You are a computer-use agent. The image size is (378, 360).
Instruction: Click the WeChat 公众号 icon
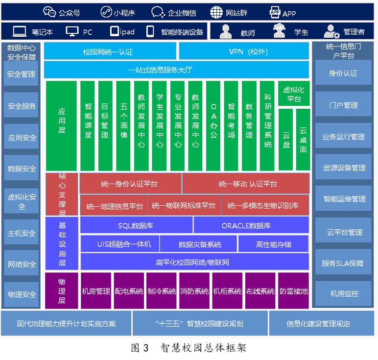49,12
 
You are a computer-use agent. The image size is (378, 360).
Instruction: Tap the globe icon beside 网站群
216,12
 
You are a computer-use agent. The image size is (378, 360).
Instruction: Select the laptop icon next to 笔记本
20,31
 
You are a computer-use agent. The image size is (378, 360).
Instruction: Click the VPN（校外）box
244,51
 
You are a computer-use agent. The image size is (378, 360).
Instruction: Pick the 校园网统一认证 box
110,51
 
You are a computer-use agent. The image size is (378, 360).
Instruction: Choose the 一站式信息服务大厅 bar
176,70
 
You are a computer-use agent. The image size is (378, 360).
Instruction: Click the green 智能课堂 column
88,125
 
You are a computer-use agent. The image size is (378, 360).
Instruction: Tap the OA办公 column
213,125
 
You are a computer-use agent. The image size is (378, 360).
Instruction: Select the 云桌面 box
303,140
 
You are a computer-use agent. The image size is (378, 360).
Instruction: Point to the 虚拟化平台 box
294,94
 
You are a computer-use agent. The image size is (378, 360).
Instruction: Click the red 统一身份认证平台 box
130,184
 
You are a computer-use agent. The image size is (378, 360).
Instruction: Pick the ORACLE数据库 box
251,225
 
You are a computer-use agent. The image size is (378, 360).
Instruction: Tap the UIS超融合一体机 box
120,244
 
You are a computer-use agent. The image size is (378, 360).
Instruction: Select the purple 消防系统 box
194,291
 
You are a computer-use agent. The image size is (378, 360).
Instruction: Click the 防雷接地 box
293,291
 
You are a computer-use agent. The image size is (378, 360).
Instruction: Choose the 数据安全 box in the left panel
22,168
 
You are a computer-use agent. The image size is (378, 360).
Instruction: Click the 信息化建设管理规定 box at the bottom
322,323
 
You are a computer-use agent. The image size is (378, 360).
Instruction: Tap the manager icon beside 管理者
331,31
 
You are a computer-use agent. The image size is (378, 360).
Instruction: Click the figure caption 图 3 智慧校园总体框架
189,348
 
